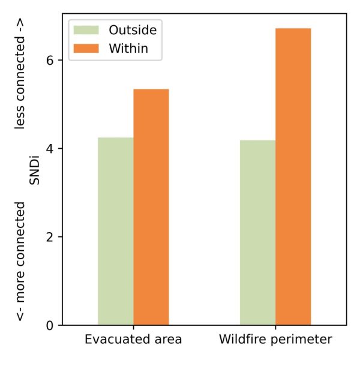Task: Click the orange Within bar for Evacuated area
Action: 151,207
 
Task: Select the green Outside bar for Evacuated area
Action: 116,231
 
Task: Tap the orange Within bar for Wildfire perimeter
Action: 293,176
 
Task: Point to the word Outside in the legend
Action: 132,29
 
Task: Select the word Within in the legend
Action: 128,48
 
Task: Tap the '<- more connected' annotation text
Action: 21,261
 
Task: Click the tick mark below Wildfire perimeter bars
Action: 275,328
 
